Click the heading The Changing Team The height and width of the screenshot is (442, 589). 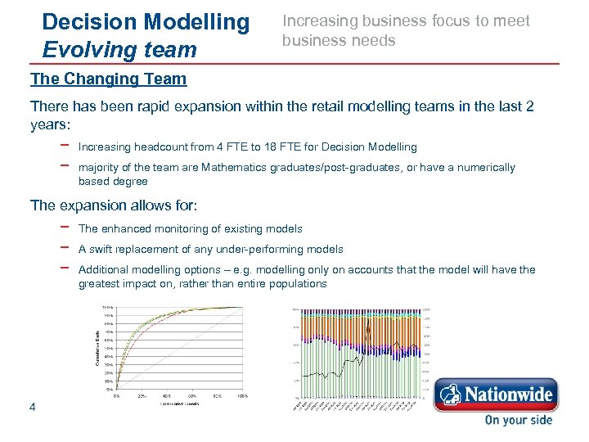[x=108, y=79]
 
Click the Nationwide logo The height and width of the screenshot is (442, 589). [x=496, y=395]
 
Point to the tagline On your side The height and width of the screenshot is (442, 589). [x=518, y=420]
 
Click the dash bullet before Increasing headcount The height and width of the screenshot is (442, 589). [x=64, y=146]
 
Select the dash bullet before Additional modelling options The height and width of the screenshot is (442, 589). [x=64, y=268]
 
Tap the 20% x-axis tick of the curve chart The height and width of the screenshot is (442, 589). [x=142, y=396]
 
